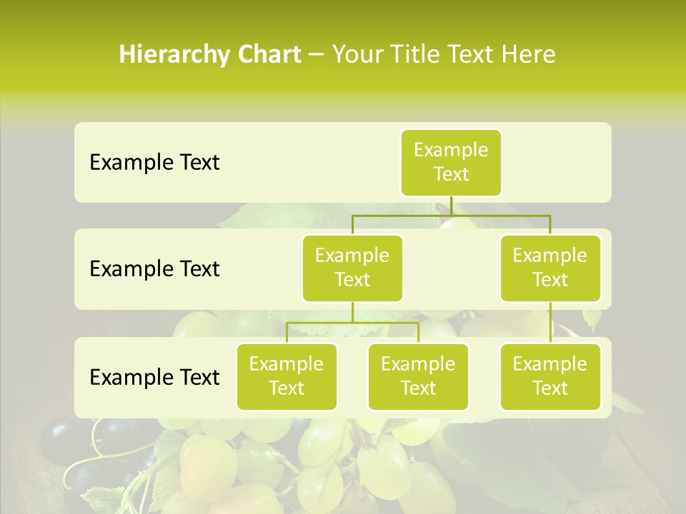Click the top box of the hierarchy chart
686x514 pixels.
(451, 162)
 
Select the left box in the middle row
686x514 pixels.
(352, 268)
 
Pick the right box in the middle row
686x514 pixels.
(550, 268)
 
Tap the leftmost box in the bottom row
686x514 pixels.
(287, 376)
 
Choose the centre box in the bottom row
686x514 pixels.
(418, 376)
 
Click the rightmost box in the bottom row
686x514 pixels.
(550, 376)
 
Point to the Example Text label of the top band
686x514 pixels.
(154, 163)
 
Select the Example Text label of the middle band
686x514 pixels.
(154, 269)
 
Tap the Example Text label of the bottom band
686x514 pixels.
(154, 377)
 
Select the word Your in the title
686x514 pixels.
(355, 54)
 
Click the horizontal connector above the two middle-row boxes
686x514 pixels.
(451, 215)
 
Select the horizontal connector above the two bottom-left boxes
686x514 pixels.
(352, 323)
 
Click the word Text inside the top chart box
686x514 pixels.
(451, 174)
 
